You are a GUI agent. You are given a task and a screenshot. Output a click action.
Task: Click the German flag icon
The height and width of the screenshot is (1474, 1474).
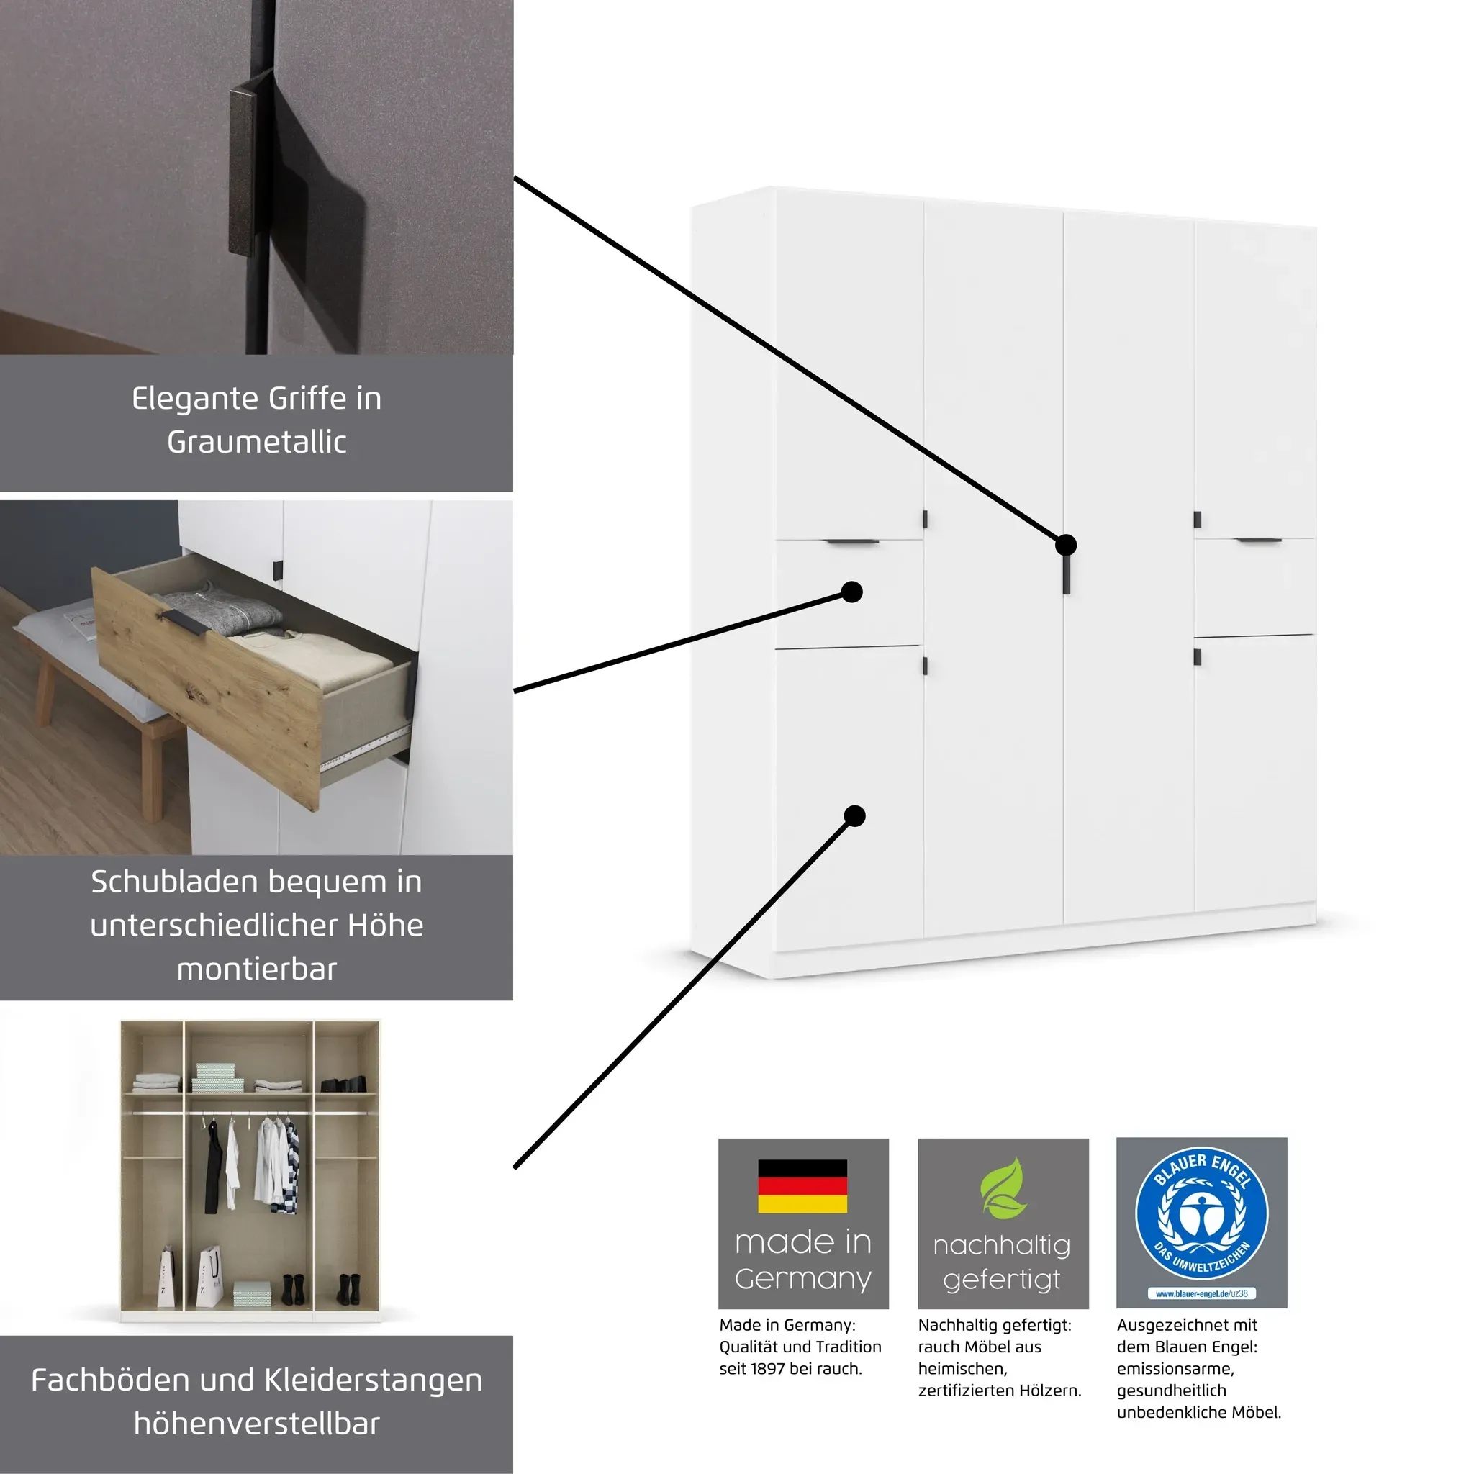[x=802, y=1186]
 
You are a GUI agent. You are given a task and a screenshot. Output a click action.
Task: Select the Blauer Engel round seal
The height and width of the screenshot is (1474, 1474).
[x=1202, y=1214]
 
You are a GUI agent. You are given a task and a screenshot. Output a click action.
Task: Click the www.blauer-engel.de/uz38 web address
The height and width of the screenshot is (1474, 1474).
[x=1202, y=1293]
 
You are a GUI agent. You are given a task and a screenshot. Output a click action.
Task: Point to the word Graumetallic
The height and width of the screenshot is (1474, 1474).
[x=256, y=442]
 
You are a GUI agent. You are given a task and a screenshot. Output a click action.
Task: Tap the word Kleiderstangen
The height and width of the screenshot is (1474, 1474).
[x=373, y=1381]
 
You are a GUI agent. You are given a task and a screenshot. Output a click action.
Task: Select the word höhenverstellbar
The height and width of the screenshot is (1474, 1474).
[x=256, y=1424]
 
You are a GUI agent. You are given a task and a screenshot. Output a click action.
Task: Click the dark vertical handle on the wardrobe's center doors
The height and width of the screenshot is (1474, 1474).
[x=1066, y=572]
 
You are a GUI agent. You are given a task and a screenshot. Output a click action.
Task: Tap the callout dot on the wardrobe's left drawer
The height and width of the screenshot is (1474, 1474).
[x=851, y=592]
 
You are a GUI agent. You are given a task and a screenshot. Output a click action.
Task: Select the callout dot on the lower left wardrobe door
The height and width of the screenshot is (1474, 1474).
[x=854, y=816]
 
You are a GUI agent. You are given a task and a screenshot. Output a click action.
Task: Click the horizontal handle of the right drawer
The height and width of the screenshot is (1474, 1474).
[x=1259, y=541]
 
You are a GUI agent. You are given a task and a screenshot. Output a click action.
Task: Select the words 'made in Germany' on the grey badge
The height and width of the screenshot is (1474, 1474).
[x=803, y=1260]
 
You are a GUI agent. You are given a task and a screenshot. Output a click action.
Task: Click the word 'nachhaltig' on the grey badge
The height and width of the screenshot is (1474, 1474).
[x=1002, y=1245]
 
